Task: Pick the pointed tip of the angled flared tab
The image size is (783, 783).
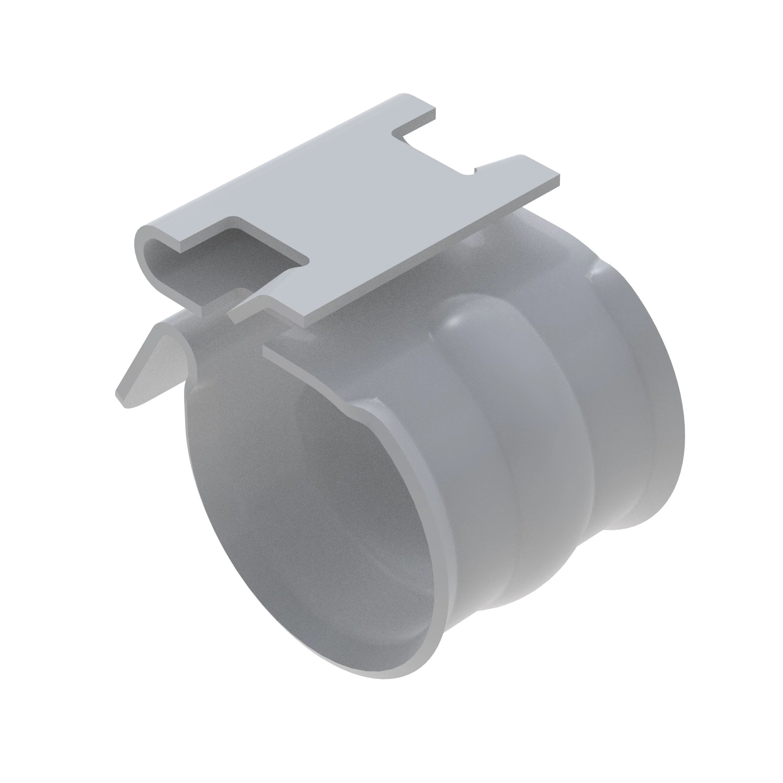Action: [x=122, y=401]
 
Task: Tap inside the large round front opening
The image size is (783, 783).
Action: [x=308, y=507]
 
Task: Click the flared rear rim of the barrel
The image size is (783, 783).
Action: [x=665, y=405]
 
